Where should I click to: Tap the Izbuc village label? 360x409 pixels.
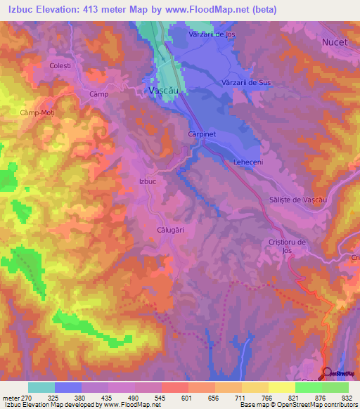(147, 181)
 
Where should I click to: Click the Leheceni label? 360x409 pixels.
(247, 162)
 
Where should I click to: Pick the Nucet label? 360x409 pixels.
(335, 42)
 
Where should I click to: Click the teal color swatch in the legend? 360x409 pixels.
(41, 387)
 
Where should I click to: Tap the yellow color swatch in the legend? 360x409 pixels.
(281, 387)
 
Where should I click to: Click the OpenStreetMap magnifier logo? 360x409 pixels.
(328, 372)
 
